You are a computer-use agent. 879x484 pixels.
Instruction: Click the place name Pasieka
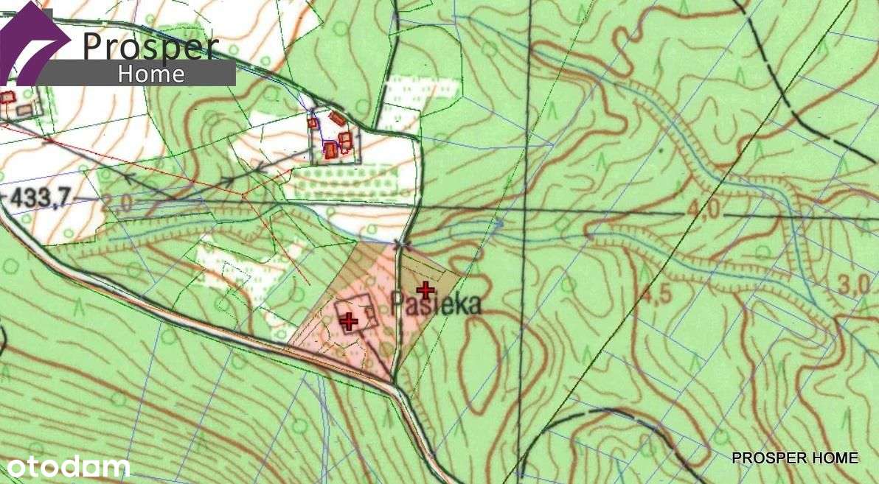(436, 304)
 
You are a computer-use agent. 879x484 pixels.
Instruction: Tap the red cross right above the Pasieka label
(425, 290)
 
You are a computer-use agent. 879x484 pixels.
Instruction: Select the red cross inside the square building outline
(348, 320)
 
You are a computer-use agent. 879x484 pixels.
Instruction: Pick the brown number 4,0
(703, 210)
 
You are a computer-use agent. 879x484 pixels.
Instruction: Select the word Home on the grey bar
(151, 74)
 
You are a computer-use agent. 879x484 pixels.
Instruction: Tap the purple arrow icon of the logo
(33, 42)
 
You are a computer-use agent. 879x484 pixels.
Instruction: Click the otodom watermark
(69, 466)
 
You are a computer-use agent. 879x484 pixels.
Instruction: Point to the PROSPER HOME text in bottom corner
(794, 458)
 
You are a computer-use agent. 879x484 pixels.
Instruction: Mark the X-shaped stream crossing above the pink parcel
(400, 245)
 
